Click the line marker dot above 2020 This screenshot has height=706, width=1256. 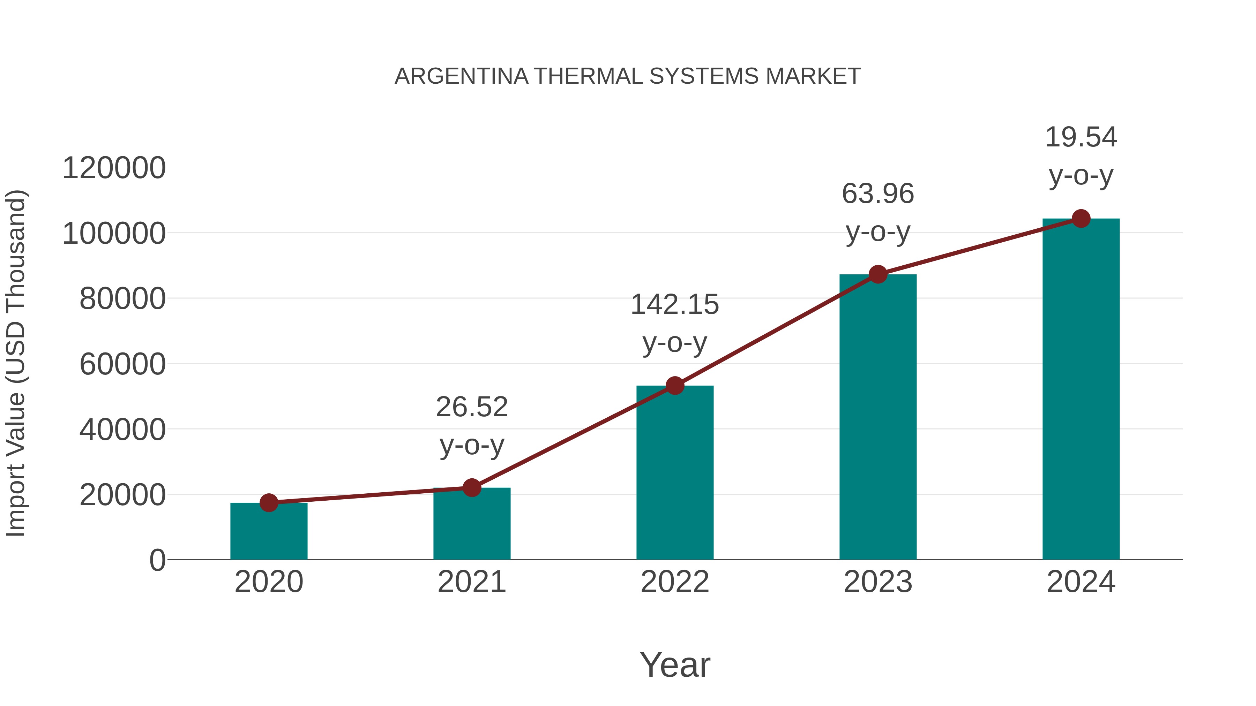[x=269, y=502]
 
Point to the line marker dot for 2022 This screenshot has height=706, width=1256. [x=675, y=386]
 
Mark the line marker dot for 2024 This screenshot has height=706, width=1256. [x=1081, y=219]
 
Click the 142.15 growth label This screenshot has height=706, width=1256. [x=675, y=305]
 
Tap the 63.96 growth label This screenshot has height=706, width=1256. [x=878, y=194]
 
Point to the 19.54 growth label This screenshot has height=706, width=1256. [x=1081, y=137]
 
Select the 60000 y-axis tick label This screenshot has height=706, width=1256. [x=122, y=364]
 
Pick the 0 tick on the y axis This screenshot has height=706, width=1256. [x=157, y=560]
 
